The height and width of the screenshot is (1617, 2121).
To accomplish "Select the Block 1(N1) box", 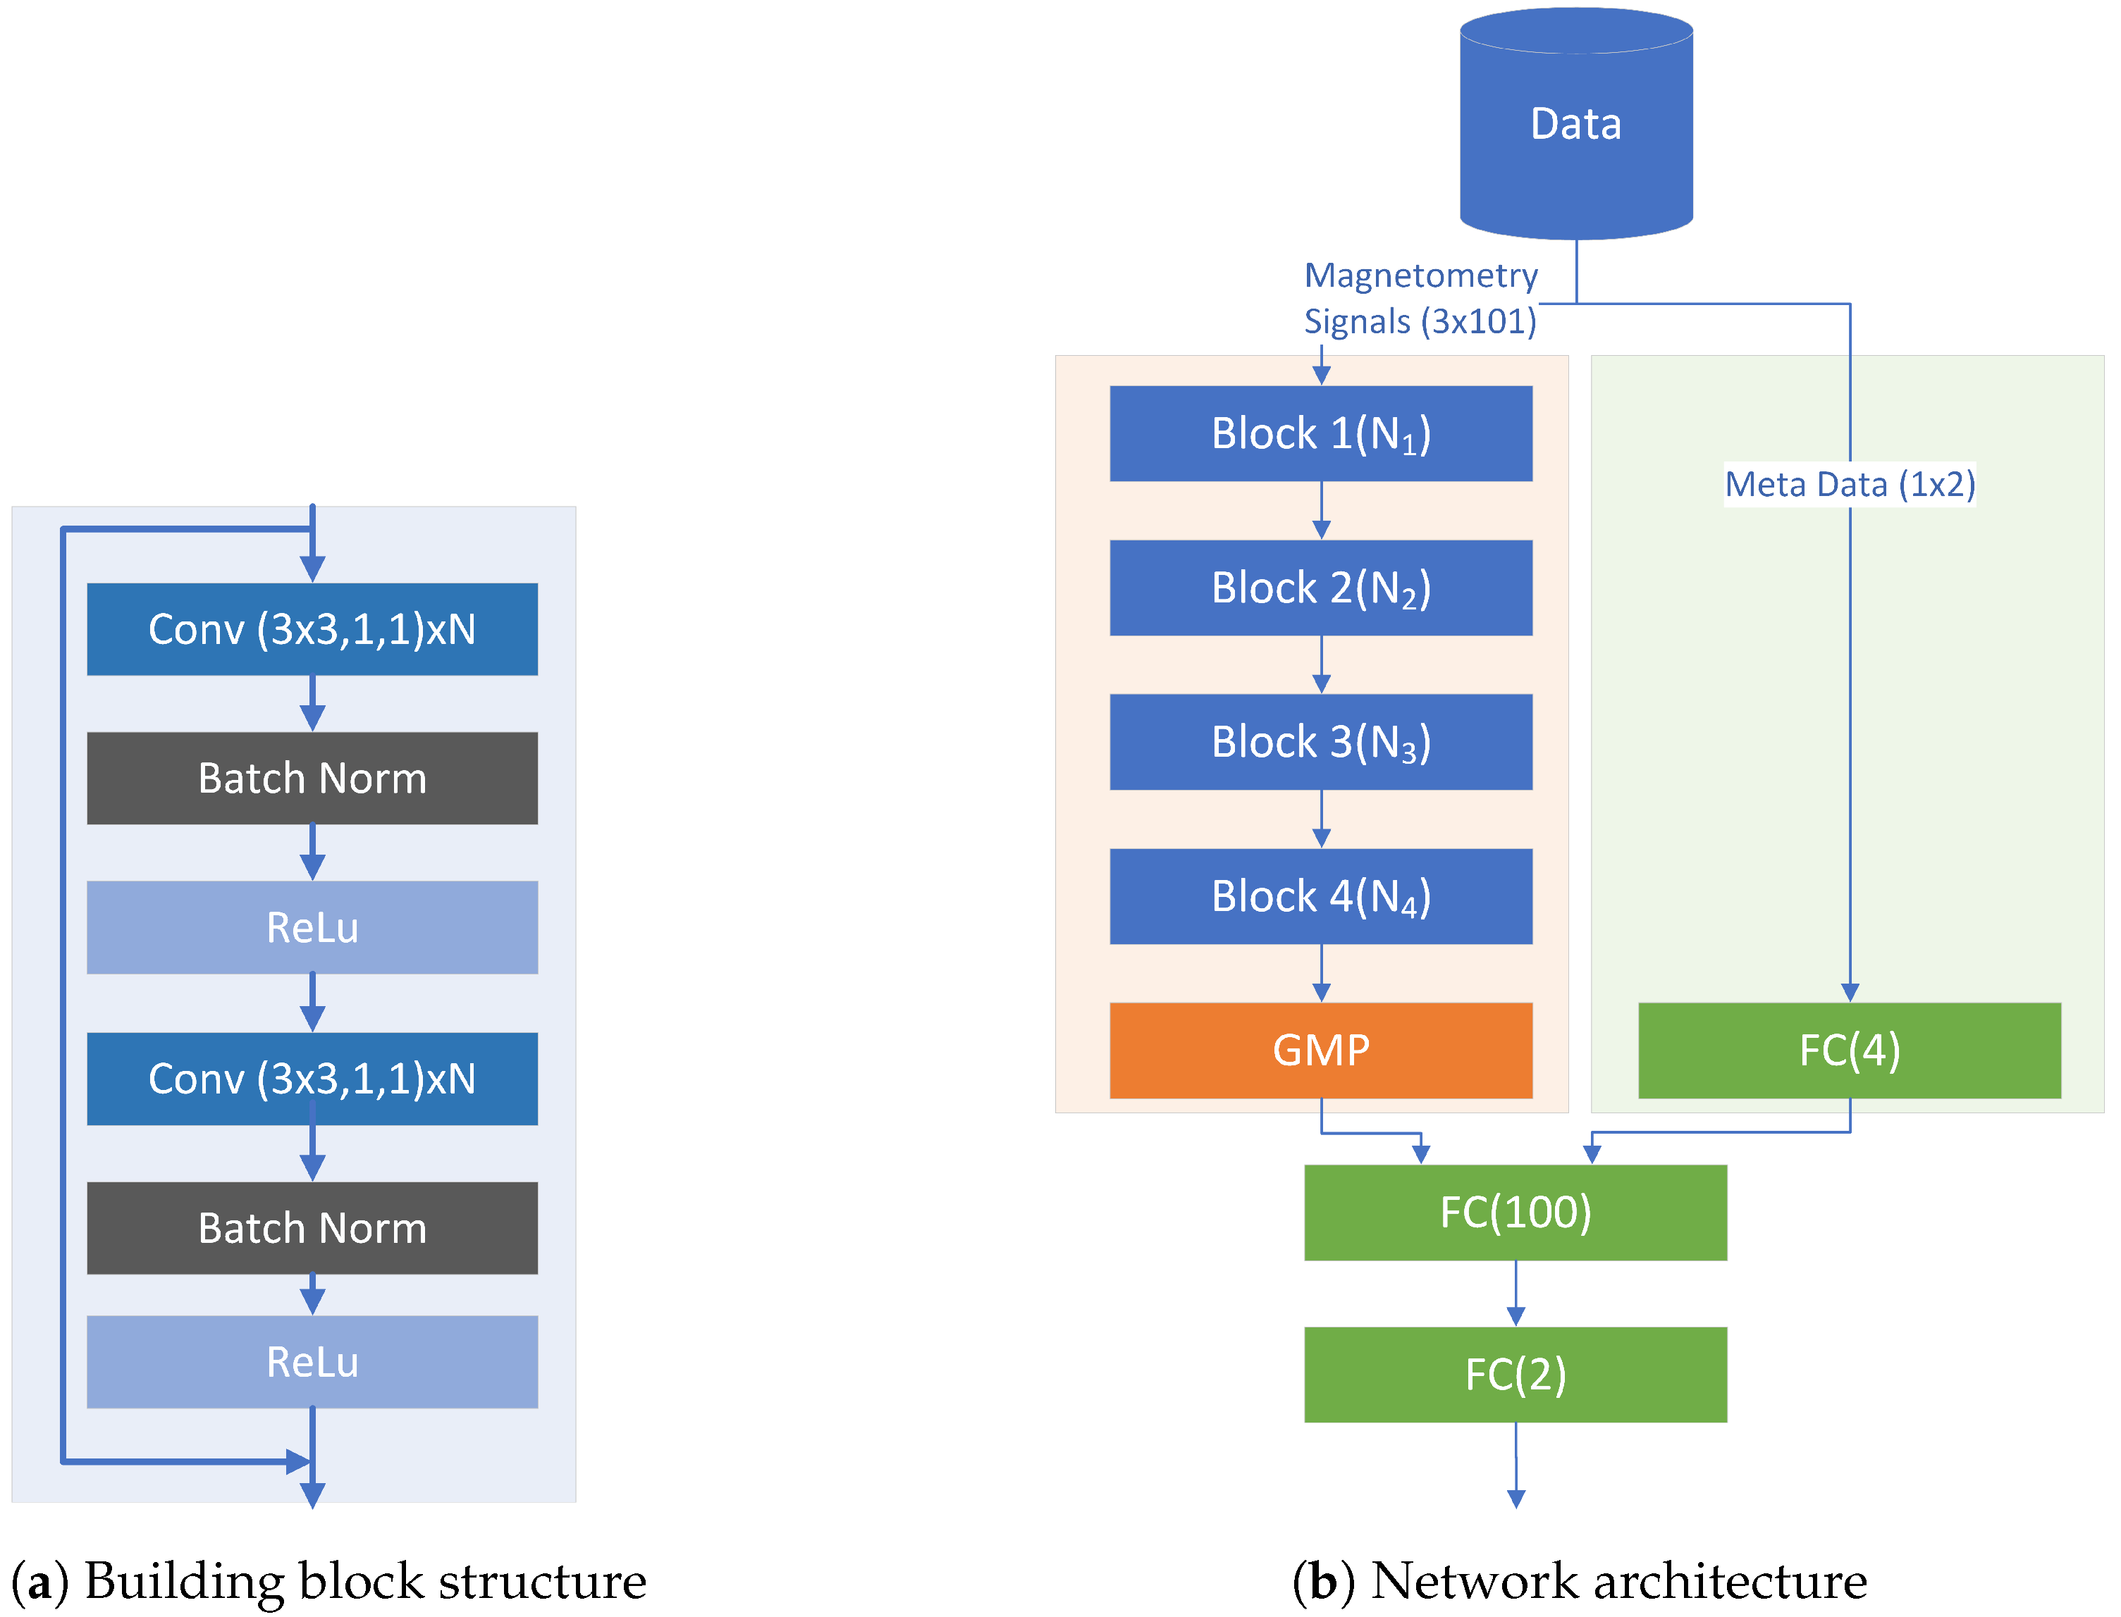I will point(1320,433).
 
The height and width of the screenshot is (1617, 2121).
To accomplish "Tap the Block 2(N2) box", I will point(1320,587).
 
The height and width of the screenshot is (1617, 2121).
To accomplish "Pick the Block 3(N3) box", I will point(1320,742).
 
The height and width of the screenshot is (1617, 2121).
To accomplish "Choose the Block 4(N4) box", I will point(1320,896).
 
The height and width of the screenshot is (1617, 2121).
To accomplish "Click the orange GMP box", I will point(1320,1050).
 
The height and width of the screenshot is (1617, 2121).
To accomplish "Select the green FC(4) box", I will point(1848,1050).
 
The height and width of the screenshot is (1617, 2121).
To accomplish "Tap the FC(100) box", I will point(1515,1212).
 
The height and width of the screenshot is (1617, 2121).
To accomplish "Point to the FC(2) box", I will point(1515,1373).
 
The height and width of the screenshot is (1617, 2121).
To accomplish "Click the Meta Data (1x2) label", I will point(1848,484).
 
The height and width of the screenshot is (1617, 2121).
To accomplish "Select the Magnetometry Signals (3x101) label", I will point(1420,298).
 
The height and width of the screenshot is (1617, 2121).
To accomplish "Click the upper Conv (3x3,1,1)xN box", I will point(312,628).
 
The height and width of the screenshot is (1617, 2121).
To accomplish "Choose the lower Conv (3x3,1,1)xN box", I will point(312,1078).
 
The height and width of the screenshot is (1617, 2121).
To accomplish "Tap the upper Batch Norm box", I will point(312,778).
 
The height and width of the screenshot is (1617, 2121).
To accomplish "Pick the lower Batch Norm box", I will point(312,1227).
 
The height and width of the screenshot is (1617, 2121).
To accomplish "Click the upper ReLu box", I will point(312,927).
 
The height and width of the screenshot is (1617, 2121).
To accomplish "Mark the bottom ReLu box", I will point(312,1361).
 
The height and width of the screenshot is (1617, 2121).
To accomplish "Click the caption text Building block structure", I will point(365,1580).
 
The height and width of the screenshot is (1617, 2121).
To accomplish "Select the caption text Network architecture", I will point(1618,1580).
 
